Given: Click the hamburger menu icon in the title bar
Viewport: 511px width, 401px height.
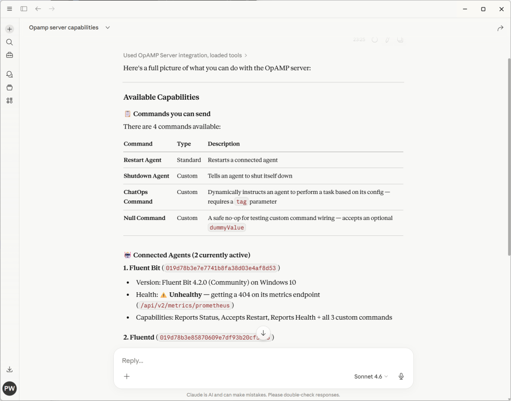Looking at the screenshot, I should coord(9,9).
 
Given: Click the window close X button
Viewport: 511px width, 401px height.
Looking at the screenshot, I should coord(502,9).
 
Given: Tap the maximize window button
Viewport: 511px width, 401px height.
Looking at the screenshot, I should coord(483,9).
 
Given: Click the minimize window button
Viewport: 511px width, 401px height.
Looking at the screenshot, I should coord(465,9).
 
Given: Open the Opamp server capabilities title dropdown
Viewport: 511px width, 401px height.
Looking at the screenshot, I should coord(107,27).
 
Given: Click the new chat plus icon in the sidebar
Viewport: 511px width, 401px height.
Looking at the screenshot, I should coord(9,29).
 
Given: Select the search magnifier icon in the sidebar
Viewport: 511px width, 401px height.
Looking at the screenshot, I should coord(9,42).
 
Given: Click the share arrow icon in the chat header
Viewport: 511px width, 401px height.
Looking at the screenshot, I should coord(500,28).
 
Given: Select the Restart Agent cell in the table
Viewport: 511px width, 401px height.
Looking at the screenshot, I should coord(143,160).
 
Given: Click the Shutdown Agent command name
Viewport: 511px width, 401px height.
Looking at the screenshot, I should coord(146,176).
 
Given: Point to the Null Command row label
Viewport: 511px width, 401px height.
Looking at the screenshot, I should coord(144,218).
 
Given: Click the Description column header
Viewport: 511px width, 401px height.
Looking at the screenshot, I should coord(224,144).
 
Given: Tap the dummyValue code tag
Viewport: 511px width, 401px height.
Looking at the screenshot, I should coord(227,228).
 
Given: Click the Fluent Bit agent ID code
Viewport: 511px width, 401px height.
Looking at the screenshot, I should coord(221,268).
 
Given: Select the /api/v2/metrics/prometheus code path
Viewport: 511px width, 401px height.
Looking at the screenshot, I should coord(185,306).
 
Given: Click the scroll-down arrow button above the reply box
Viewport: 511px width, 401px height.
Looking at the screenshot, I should coord(263,333).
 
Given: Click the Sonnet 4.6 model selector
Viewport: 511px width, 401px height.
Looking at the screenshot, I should coord(371,377).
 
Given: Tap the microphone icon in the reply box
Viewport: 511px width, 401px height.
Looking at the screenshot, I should coord(401,377).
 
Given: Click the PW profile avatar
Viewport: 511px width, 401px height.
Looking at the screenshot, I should coord(9,389).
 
